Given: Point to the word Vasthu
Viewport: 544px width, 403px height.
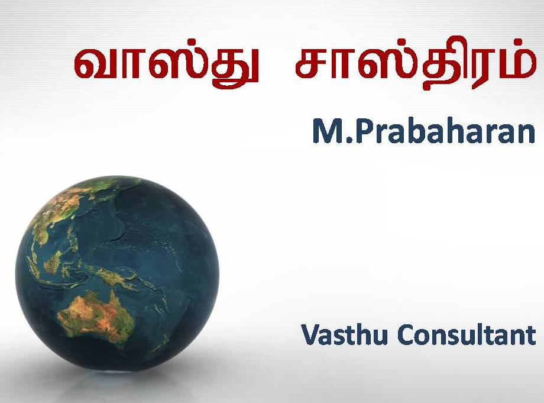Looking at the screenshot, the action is click(344, 334).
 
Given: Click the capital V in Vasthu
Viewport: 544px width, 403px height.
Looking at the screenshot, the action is click(312, 334).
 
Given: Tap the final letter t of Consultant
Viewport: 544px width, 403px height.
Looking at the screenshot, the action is click(531, 335).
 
